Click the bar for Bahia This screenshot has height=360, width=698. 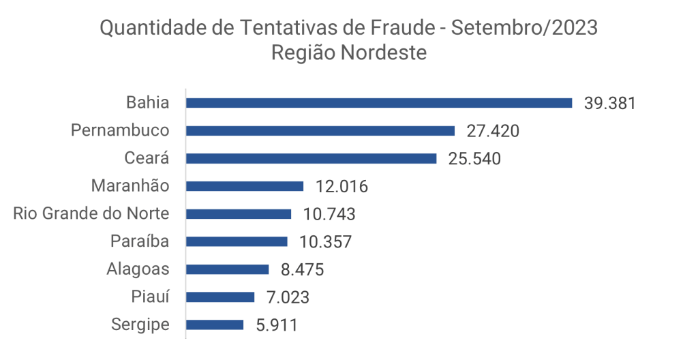(379, 103)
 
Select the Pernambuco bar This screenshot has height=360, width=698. (320, 131)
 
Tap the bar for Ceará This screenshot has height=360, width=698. (312, 158)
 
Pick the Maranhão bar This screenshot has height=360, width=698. (245, 186)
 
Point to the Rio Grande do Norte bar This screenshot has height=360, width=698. (239, 214)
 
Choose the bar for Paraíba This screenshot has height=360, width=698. (237, 241)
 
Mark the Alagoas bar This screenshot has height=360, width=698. (228, 269)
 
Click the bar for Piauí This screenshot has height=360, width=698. (220, 297)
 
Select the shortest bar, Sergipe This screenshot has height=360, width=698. (215, 325)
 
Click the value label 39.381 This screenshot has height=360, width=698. (609, 104)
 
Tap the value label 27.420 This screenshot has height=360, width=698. (493, 131)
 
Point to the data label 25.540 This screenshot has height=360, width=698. (474, 159)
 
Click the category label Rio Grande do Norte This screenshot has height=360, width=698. (91, 214)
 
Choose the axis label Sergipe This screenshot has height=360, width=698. (140, 325)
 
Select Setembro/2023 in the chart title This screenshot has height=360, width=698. (525, 29)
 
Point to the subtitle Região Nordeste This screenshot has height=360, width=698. (349, 53)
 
